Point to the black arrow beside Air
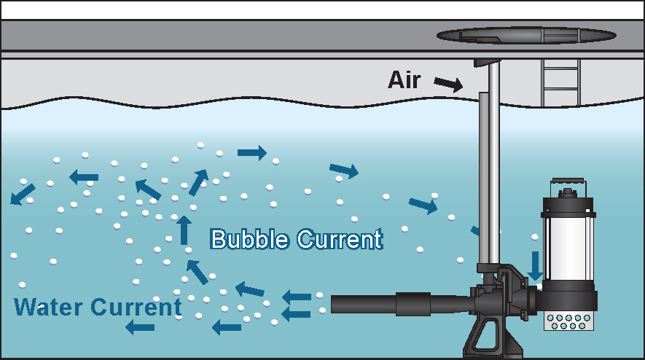point(447,84)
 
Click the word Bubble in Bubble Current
point(251,239)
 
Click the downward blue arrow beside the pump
point(535,265)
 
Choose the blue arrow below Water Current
point(140,327)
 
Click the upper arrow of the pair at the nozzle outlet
point(295,297)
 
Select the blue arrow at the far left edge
point(22,193)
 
